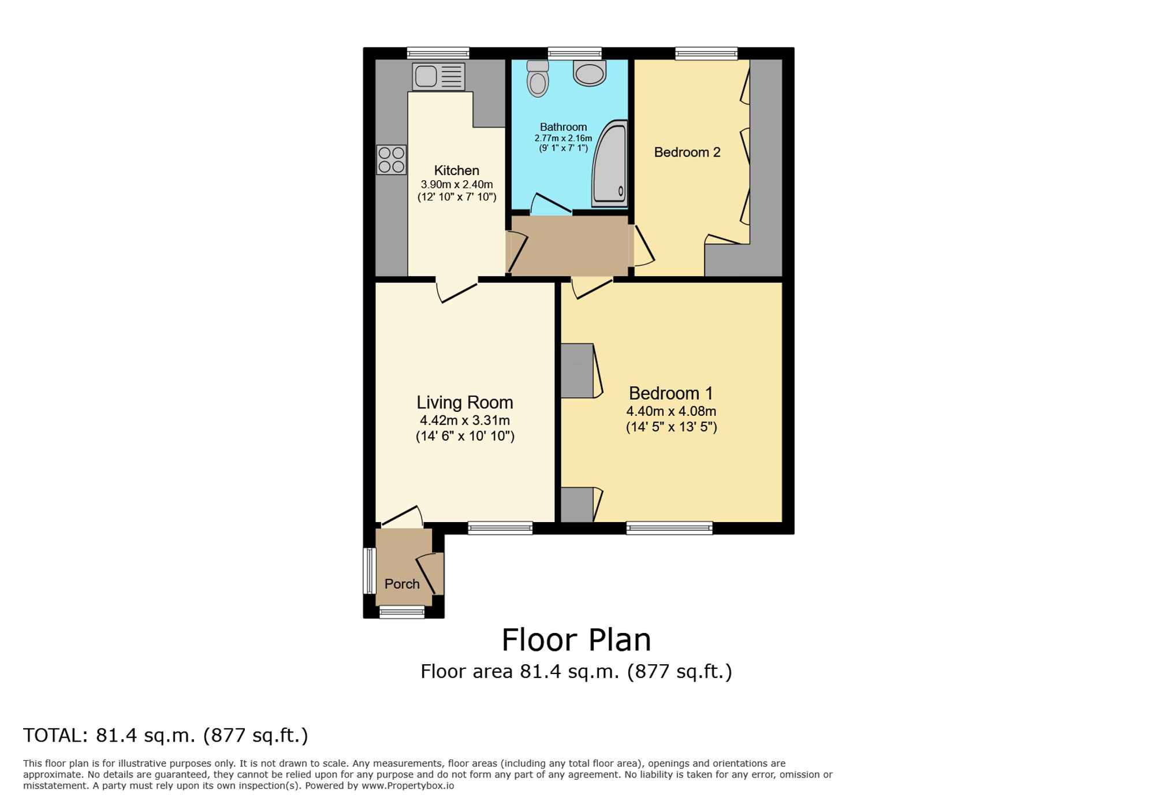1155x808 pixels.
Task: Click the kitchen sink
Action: [438, 76]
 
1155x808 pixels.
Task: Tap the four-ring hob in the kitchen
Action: [391, 160]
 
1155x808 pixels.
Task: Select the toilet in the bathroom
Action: [538, 79]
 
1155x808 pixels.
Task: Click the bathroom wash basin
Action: [589, 73]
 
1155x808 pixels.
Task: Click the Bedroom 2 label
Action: [687, 152]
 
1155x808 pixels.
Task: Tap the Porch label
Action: [402, 584]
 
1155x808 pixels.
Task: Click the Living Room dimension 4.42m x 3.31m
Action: [465, 420]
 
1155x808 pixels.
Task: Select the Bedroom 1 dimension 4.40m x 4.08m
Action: [671, 411]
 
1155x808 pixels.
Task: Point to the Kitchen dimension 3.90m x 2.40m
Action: [456, 185]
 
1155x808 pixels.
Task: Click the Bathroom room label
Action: [563, 127]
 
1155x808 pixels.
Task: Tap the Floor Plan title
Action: [576, 640]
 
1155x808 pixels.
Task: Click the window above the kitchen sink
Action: [437, 53]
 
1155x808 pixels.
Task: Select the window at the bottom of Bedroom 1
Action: [669, 528]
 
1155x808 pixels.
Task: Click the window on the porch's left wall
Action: [369, 571]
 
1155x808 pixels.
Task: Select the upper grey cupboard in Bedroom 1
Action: [577, 371]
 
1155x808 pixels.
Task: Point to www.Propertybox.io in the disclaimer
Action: [408, 785]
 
